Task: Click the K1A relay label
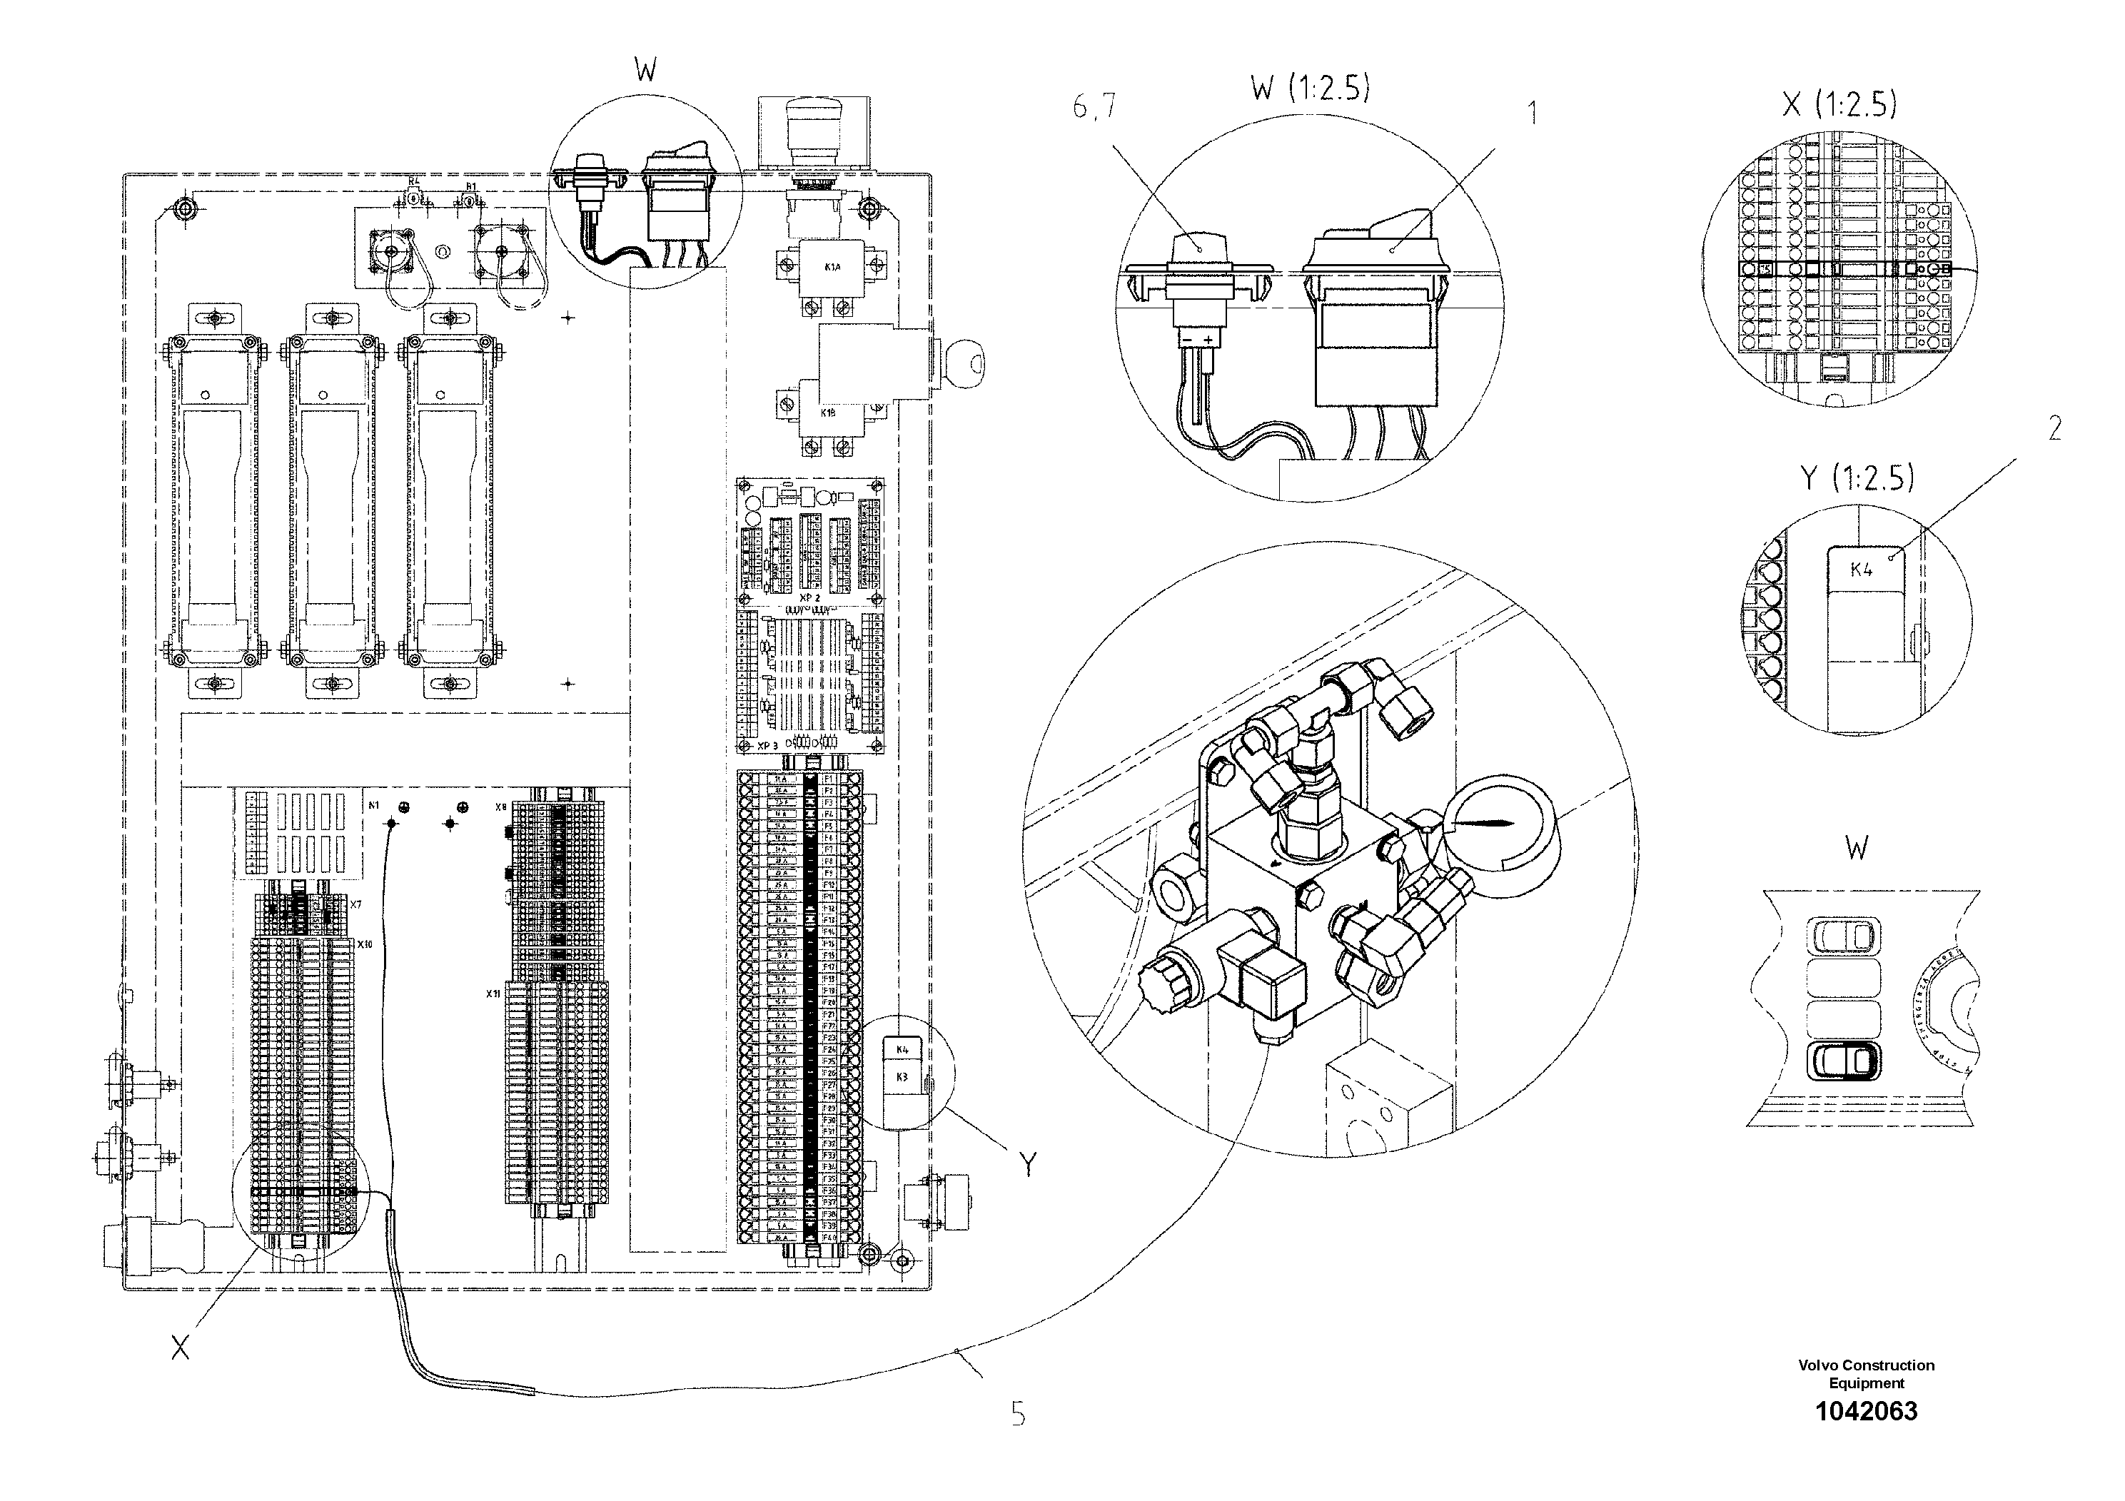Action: (x=832, y=268)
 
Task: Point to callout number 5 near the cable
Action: (x=1018, y=1413)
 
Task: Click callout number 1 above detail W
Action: (x=1532, y=113)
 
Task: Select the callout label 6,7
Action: (x=1094, y=108)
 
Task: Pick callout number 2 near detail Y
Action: (x=2054, y=428)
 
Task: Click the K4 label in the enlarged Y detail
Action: (x=1861, y=569)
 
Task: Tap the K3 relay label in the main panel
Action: (x=902, y=1077)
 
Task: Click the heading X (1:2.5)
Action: (x=1839, y=103)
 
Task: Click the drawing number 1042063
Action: (x=1866, y=1437)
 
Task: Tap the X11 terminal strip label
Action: (x=493, y=993)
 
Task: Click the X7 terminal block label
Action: (x=355, y=901)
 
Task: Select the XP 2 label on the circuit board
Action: (x=811, y=598)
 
